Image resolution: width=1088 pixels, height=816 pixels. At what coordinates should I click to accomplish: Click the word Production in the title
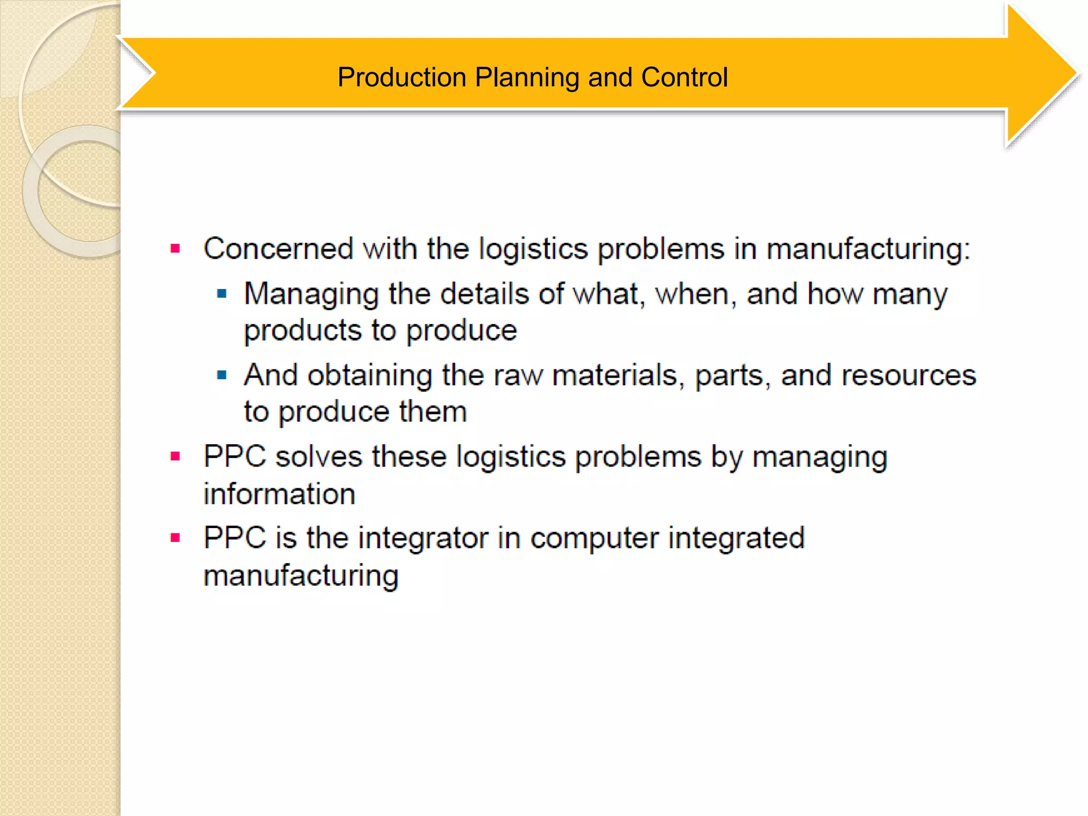[x=402, y=78]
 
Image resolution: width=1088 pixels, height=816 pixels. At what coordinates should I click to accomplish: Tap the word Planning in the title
[x=527, y=78]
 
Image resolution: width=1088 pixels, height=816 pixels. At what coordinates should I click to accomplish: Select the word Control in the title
[x=684, y=78]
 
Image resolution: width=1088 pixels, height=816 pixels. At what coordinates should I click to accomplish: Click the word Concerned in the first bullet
[x=278, y=249]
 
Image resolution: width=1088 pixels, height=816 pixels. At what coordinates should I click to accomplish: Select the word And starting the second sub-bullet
[x=270, y=375]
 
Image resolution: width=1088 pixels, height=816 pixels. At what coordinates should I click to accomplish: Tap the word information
[x=279, y=494]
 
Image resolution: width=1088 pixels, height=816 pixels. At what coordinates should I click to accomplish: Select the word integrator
[x=423, y=538]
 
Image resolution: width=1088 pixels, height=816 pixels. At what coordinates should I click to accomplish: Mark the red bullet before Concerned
[x=175, y=248]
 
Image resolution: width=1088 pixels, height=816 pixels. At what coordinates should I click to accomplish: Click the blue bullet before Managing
[x=222, y=293]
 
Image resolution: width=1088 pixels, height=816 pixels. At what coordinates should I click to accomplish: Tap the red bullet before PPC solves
[x=175, y=456]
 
